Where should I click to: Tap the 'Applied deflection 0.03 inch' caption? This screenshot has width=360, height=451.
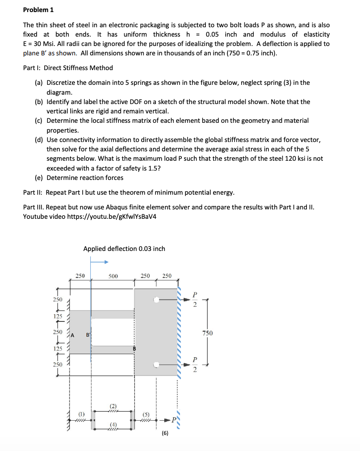pyautogui.click(x=124, y=248)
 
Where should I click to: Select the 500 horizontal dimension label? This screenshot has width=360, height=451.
pyautogui.click(x=113, y=276)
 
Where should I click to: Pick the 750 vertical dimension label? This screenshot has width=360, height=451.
pyautogui.click(x=207, y=333)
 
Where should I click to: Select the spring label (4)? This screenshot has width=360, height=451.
pyautogui.click(x=113, y=424)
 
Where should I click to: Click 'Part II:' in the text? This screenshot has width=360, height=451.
pyautogui.click(x=34, y=192)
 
